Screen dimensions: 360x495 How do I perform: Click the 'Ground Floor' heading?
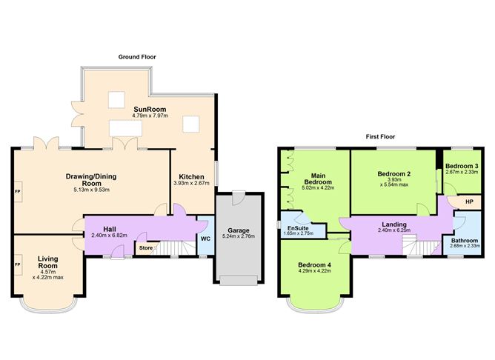tap(137, 57)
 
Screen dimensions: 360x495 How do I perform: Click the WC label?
tap(205, 239)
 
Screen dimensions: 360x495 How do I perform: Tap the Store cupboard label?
tap(145, 247)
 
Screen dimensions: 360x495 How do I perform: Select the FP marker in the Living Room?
tap(16, 264)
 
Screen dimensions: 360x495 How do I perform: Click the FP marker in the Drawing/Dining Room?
tap(16, 192)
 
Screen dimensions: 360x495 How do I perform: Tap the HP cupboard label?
tap(469, 201)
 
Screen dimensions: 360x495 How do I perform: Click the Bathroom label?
tap(465, 241)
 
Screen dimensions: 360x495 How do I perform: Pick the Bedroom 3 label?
tap(461, 165)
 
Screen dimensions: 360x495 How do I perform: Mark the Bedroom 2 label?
tap(393, 173)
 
